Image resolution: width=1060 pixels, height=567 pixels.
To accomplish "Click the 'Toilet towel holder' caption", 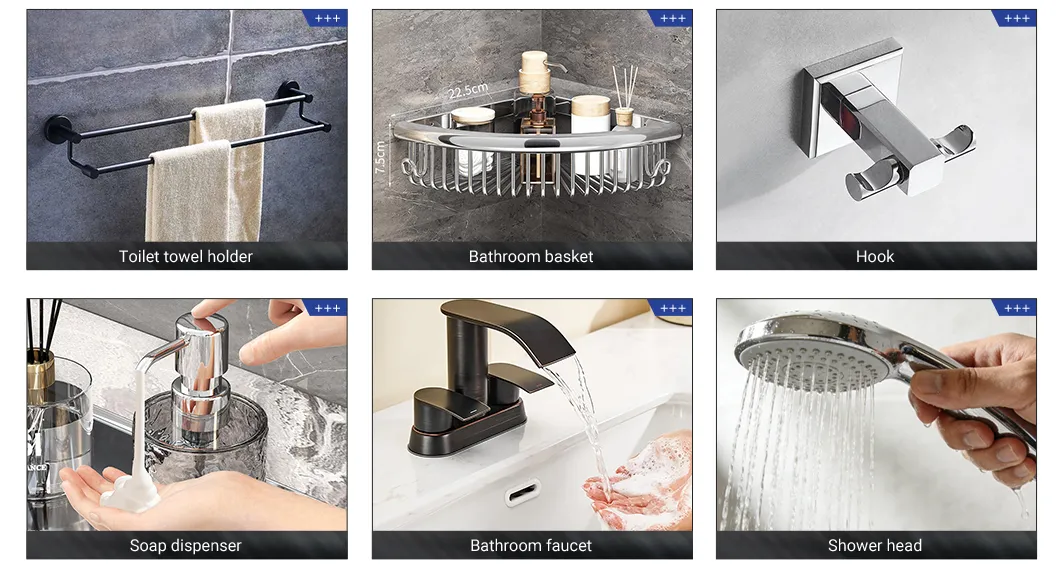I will pos(186,257).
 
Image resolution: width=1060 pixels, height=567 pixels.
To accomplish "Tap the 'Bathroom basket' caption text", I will pos(531,257).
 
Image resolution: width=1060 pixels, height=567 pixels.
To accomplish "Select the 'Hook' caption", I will pos(875,257).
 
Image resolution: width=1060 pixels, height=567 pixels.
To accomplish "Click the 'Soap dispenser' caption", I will pos(186,546).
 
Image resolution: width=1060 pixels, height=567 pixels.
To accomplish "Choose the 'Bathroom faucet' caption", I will pos(531,546).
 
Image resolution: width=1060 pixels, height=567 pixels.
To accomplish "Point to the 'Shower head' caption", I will pos(875,546).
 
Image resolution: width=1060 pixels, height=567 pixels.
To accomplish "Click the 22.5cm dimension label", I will pos(467,91).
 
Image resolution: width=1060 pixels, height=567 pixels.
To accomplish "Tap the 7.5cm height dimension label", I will pos(381,156).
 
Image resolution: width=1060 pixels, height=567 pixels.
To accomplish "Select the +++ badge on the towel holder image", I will pos(327,18).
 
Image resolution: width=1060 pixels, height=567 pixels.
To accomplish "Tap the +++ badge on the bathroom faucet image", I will pos(672,308).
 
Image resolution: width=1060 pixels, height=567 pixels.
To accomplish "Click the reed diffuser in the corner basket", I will pos(625,100).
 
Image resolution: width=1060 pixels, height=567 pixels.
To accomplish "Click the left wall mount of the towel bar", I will pos(57,130).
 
